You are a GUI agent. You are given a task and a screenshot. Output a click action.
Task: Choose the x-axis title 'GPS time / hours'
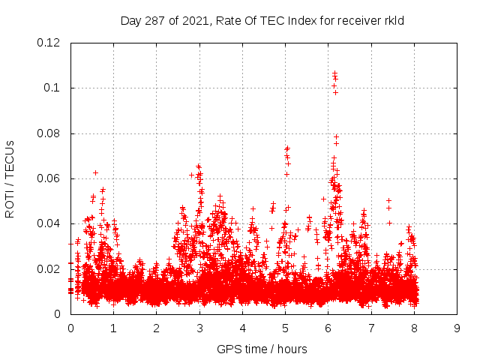262,349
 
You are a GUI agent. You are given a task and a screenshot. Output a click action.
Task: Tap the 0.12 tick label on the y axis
49,43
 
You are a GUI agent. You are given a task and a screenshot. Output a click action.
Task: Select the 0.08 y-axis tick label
49,133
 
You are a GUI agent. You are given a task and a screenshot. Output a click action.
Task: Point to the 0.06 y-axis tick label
49,178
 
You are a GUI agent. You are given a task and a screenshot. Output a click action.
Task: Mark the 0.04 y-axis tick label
49,223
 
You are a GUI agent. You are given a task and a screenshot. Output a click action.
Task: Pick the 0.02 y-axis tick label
49,269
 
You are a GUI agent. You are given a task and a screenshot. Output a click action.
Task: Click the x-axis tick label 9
457,328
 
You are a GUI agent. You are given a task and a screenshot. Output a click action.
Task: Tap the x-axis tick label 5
285,328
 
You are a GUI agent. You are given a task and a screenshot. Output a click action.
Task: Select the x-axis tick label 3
199,328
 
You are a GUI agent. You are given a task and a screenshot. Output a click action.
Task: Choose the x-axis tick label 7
371,328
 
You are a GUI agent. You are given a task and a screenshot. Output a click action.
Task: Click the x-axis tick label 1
113,328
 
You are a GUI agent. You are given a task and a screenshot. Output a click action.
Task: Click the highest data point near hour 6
334,73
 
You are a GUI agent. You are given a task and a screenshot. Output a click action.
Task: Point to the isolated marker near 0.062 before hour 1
95,172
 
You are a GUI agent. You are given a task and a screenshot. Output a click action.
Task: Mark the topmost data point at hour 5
287,148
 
